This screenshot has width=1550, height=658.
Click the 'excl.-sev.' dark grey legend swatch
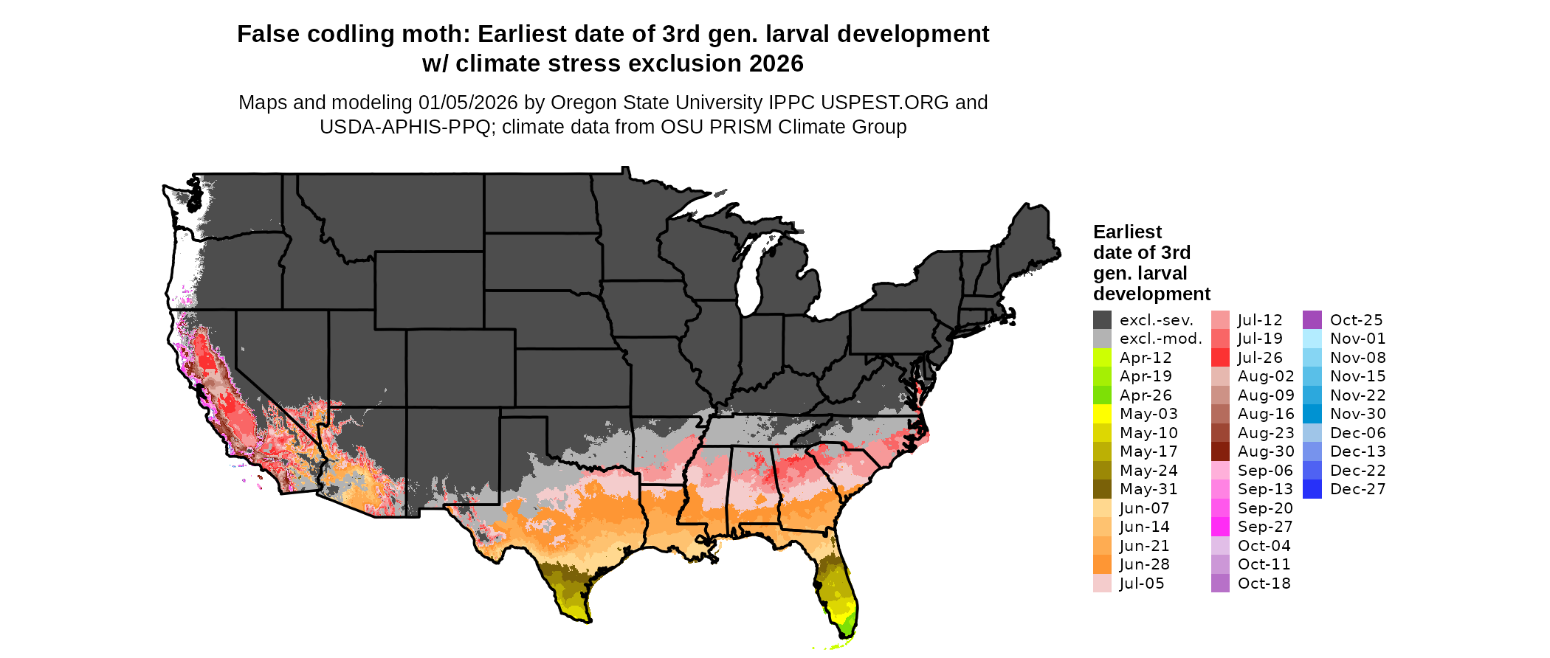pyautogui.click(x=1102, y=320)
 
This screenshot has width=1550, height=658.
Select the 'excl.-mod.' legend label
pyautogui.click(x=1160, y=339)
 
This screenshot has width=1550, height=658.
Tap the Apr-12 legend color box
pyautogui.click(x=1102, y=358)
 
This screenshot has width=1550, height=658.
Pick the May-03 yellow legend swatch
pyautogui.click(x=1102, y=414)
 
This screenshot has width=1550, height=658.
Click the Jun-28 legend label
pyautogui.click(x=1145, y=564)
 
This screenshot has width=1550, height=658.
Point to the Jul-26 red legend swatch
pyautogui.click(x=1220, y=358)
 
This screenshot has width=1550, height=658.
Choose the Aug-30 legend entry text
pyautogui.click(x=1266, y=451)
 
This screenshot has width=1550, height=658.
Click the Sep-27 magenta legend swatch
pyautogui.click(x=1220, y=527)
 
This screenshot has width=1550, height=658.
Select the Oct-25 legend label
pyautogui.click(x=1356, y=320)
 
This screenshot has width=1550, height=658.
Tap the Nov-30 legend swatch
pyautogui.click(x=1312, y=414)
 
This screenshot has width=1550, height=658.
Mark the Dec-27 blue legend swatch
pyautogui.click(x=1312, y=489)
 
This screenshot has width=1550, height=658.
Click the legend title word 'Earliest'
pyautogui.click(x=1127, y=232)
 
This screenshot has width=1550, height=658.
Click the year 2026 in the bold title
pyautogui.click(x=776, y=63)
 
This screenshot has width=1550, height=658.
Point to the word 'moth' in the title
pyautogui.click(x=442, y=34)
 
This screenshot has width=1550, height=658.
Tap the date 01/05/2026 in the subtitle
pyautogui.click(x=468, y=103)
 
